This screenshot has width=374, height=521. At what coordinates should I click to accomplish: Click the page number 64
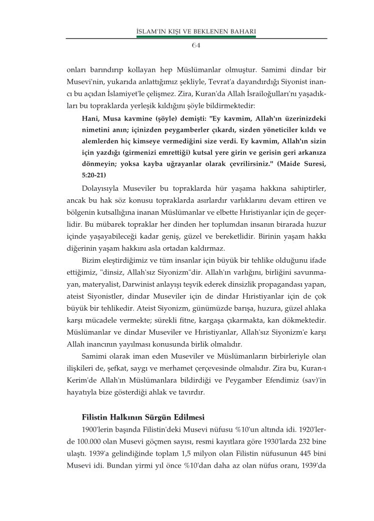click(x=195, y=45)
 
